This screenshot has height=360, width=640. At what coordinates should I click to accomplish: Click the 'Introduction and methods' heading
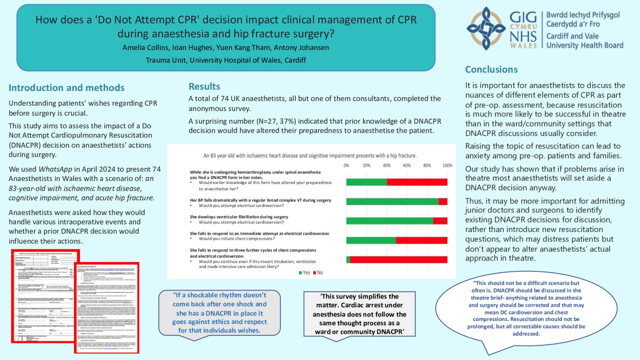click(66, 88)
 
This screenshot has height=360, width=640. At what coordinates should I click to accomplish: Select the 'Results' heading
click(204, 87)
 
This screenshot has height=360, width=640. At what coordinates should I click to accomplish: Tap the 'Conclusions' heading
click(491, 69)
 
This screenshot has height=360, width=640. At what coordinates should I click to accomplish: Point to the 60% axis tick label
click(407, 166)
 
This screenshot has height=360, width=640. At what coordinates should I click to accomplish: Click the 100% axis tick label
click(447, 166)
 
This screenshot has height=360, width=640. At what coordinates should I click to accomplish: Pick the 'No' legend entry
click(318, 273)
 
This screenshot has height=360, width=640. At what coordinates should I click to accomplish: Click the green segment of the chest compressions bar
click(371, 240)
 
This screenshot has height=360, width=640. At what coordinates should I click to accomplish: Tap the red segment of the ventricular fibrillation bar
click(440, 221)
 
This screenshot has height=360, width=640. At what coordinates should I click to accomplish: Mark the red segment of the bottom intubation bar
click(398, 260)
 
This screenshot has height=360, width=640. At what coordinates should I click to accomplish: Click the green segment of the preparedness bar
click(366, 182)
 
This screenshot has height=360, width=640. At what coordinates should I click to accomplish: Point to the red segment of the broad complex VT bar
click(443, 201)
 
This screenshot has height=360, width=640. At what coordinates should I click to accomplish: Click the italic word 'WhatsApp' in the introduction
click(55, 169)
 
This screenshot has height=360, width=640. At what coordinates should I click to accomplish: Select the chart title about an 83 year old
click(310, 156)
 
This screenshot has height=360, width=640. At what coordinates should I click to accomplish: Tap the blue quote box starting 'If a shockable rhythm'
click(219, 313)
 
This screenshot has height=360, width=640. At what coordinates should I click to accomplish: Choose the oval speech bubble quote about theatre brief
click(526, 308)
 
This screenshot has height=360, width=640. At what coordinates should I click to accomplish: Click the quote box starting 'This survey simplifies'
click(359, 314)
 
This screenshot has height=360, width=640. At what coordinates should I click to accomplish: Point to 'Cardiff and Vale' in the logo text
click(572, 36)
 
